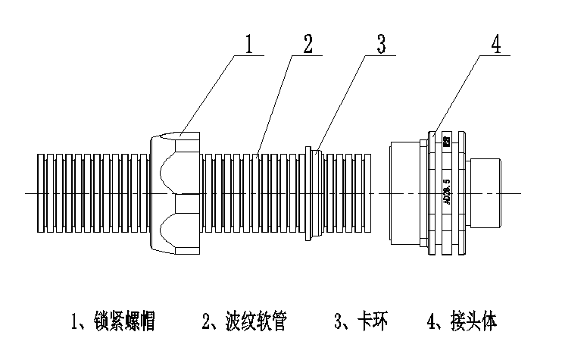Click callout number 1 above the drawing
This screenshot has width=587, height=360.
click(x=248, y=43)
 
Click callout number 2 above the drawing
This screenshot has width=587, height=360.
click(x=307, y=43)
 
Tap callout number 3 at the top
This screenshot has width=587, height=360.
click(x=381, y=43)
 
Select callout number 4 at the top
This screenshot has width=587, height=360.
click(x=495, y=43)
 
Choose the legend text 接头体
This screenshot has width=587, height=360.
click(x=468, y=322)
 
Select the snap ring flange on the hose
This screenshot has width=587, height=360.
click(x=308, y=193)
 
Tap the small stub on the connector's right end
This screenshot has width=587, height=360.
click(x=486, y=193)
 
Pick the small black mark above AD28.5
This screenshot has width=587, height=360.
click(x=447, y=141)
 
